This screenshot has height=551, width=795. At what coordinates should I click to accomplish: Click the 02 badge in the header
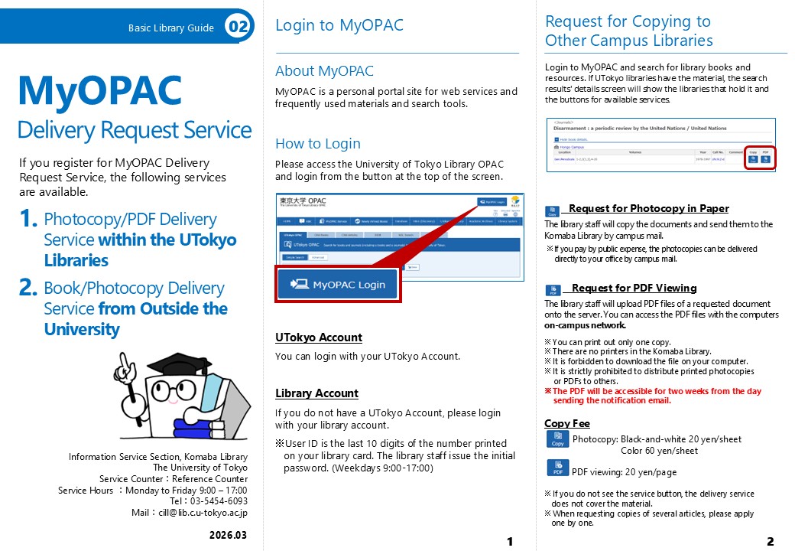[x=238, y=28]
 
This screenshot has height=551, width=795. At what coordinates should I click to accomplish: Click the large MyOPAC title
[x=100, y=90]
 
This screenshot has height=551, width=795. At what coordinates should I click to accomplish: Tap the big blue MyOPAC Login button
[x=337, y=284]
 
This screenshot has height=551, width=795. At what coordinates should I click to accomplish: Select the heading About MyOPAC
[x=324, y=71]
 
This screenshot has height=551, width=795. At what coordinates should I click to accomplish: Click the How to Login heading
[x=317, y=143]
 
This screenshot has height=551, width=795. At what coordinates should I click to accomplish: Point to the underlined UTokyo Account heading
[x=318, y=337]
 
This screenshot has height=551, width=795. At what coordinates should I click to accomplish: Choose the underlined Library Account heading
[x=316, y=393]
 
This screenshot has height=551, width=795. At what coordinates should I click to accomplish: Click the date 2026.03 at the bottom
[x=228, y=535]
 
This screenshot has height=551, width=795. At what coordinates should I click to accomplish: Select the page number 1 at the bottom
[x=510, y=542]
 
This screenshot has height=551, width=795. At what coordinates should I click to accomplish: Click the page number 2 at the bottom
[x=770, y=542]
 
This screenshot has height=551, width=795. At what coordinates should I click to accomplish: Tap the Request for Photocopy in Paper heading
[x=648, y=208]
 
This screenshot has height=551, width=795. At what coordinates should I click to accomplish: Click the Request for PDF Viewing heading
[x=634, y=288]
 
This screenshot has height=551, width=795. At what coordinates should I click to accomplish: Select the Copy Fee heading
[x=566, y=423]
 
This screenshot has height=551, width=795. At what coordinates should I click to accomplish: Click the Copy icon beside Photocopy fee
[x=557, y=439]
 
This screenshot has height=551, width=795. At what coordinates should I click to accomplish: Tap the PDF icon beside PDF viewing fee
[x=557, y=468]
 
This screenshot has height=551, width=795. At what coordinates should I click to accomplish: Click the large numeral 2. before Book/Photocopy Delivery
[x=28, y=289]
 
